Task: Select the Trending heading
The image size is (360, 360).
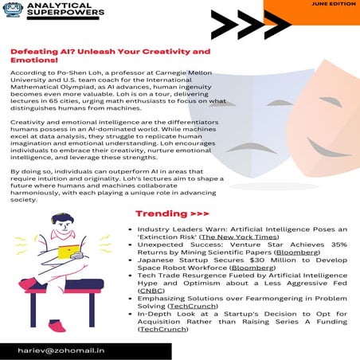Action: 172,213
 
